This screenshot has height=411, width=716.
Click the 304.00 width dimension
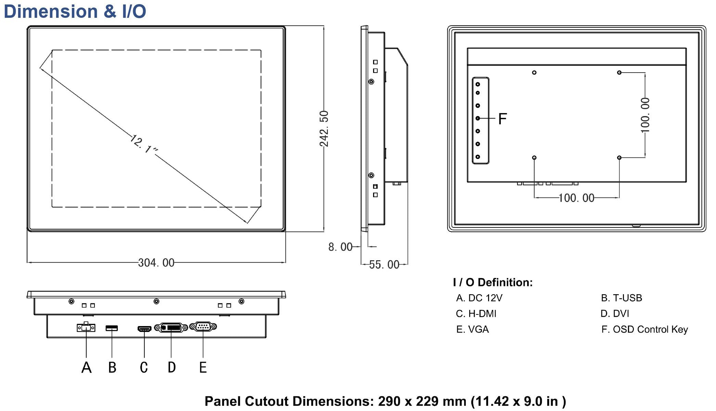click(156, 263)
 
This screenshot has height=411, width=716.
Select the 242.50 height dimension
click(324, 128)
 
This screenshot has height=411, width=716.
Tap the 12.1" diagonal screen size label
click(144, 145)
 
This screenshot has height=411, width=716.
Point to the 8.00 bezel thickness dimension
click(340, 247)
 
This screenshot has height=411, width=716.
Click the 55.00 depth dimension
click(384, 264)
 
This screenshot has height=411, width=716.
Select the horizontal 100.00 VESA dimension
click(576, 198)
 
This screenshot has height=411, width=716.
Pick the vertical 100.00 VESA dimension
click(645, 115)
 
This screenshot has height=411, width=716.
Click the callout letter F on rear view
click(502, 119)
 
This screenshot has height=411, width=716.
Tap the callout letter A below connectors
click(86, 368)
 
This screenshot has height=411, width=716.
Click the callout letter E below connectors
click(203, 368)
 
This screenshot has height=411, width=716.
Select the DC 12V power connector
click(86, 327)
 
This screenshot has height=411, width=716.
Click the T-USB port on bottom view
click(112, 328)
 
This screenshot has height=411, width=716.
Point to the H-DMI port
click(144, 329)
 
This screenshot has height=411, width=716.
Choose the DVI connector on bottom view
click(171, 328)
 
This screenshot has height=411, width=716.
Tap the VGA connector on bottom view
click(203, 327)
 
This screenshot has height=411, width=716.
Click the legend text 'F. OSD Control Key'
click(644, 329)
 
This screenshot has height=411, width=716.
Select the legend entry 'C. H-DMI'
click(476, 313)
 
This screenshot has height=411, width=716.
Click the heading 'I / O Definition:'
click(493, 282)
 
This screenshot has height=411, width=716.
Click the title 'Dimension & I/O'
click(75, 11)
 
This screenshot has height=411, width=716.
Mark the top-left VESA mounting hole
click(534, 73)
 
